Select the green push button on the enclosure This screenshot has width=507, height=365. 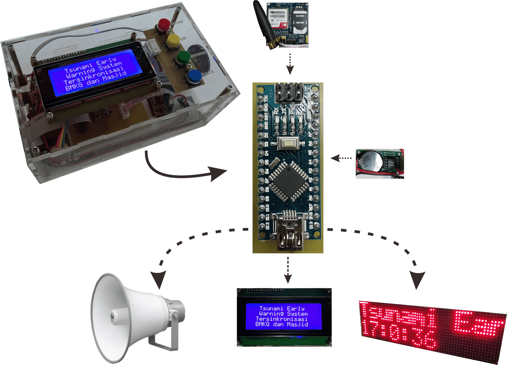(x=183, y=58)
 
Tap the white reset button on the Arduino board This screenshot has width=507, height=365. (x=288, y=144)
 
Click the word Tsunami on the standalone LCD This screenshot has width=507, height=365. (x=271, y=308)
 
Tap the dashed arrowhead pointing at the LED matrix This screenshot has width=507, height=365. (x=417, y=279)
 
